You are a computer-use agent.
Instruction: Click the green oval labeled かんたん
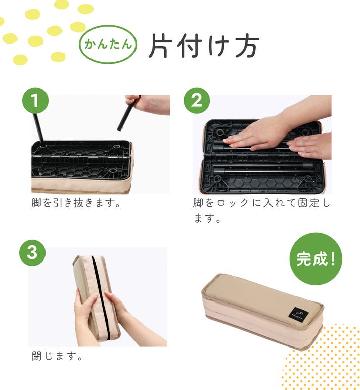coord(108,45)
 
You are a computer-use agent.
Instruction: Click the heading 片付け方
coord(204,46)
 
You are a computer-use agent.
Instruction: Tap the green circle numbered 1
coord(35,101)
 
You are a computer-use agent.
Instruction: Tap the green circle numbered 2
coord(197,101)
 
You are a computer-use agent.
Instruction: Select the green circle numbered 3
coord(32,253)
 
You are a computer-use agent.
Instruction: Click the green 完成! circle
coord(316,258)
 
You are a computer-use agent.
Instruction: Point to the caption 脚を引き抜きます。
coord(76,203)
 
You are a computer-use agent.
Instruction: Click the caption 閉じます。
coord(57,356)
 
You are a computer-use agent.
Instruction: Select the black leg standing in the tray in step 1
coord(39,130)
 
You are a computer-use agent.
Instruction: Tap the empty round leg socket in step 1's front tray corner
coord(113,171)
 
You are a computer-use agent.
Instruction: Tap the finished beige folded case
coord(262,311)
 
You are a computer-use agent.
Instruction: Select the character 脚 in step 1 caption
coord(37,203)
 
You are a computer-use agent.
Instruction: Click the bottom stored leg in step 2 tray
coord(263,171)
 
